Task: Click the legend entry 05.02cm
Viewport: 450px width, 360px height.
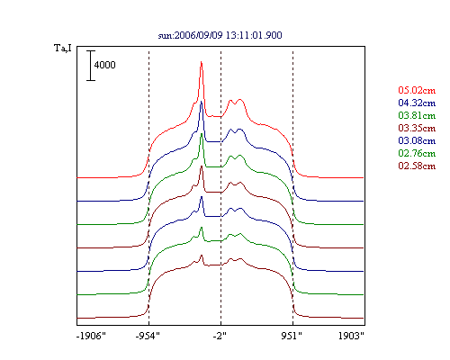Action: pyautogui.click(x=417, y=90)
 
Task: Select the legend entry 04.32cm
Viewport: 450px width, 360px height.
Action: pyautogui.click(x=417, y=103)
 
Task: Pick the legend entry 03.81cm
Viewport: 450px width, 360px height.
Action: pyautogui.click(x=417, y=115)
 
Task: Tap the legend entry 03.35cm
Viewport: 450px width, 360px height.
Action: pyautogui.click(x=417, y=128)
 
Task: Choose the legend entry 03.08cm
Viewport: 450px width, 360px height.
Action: pyautogui.click(x=417, y=140)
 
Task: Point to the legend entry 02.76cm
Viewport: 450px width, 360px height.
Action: pyautogui.click(x=417, y=153)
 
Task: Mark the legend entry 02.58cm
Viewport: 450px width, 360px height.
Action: pyautogui.click(x=417, y=166)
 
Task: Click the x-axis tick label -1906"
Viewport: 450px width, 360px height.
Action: pyautogui.click(x=91, y=336)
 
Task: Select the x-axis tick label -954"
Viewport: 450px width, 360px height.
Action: pyautogui.click(x=148, y=336)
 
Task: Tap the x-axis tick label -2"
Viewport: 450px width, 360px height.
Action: pyautogui.click(x=220, y=336)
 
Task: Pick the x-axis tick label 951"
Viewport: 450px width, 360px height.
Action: pyautogui.click(x=292, y=336)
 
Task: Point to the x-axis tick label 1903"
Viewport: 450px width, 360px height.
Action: pyautogui.click(x=351, y=336)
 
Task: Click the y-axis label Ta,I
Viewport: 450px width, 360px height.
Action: pyautogui.click(x=63, y=48)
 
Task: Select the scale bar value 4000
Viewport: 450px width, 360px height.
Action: pyautogui.click(x=104, y=65)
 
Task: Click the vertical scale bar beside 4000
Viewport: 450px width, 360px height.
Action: pyautogui.click(x=91, y=66)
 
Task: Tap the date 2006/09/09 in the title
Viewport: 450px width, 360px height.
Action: pyautogui.click(x=199, y=35)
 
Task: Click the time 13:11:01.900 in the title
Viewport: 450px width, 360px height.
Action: pyautogui.click(x=254, y=35)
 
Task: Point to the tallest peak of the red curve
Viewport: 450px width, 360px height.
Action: pyautogui.click(x=202, y=62)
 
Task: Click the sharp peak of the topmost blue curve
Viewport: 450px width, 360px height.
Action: pyautogui.click(x=202, y=102)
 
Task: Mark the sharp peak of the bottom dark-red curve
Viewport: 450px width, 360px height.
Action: pyautogui.click(x=202, y=256)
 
